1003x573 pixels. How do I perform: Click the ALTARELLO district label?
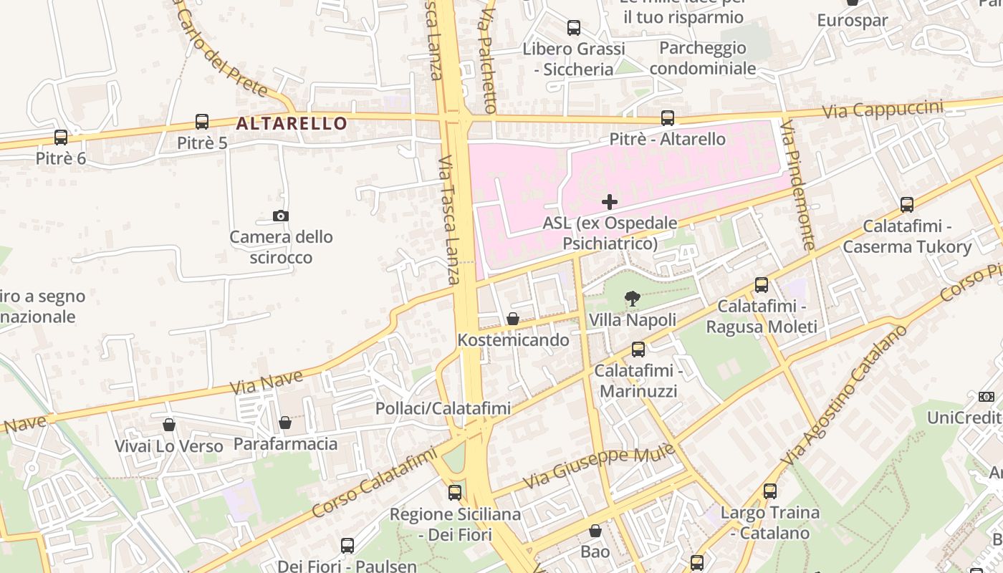292,123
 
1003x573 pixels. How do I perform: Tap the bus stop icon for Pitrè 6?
61,137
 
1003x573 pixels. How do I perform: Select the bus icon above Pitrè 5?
202,122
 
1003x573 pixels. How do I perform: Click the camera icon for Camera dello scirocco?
281,216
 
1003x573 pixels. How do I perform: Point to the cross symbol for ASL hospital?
610,202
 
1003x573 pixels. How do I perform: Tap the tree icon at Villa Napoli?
632,298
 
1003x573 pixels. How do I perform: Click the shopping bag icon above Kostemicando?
513,319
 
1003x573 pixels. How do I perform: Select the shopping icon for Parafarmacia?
285,423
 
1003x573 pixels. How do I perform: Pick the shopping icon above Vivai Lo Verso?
169,425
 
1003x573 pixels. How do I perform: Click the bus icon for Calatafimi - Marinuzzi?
638,350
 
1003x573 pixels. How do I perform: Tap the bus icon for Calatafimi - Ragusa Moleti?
762,285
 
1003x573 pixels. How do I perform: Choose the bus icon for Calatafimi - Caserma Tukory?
907,205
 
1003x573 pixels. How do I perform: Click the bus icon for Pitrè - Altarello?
668,117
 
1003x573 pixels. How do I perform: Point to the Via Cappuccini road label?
883,110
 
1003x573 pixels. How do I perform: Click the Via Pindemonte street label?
798,185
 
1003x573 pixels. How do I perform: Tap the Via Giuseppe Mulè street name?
599,466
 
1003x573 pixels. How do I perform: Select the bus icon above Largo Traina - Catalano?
770,491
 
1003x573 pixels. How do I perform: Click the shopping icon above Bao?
595,531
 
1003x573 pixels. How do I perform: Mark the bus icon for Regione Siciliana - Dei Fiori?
455,493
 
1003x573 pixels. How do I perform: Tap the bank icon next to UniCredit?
987,396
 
